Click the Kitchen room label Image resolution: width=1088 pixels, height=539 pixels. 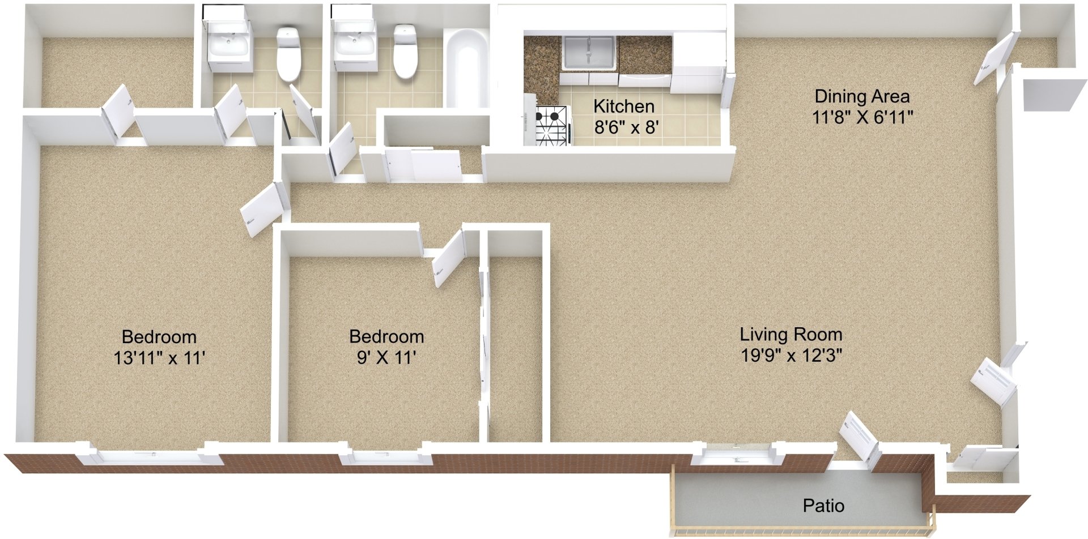(x=623, y=106)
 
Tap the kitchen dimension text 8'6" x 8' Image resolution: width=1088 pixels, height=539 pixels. (x=626, y=127)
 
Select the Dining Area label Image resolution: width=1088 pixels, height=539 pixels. (x=862, y=96)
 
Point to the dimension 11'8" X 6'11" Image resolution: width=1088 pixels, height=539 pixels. (x=862, y=117)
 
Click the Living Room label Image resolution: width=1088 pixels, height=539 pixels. (x=790, y=335)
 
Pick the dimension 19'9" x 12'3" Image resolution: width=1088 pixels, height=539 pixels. (x=791, y=356)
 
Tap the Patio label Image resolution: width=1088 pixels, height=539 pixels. (x=823, y=506)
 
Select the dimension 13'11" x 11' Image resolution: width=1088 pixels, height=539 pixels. (x=159, y=358)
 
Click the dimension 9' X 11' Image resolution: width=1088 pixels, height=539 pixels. (x=386, y=358)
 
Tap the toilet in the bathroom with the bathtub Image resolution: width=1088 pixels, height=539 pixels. (x=405, y=51)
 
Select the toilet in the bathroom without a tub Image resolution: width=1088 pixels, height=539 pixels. (x=288, y=54)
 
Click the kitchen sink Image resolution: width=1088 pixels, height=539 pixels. (x=589, y=53)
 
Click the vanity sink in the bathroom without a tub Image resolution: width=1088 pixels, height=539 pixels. (x=228, y=45)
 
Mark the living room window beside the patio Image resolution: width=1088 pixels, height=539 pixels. (x=736, y=456)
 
